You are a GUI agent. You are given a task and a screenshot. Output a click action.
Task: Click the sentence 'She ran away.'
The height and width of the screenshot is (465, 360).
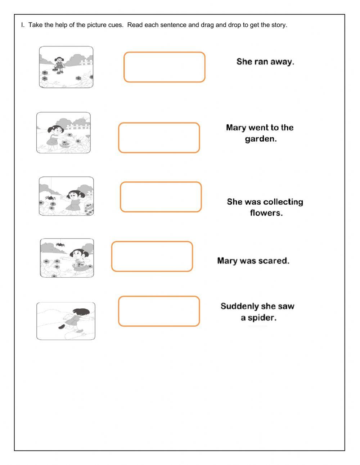click(265, 62)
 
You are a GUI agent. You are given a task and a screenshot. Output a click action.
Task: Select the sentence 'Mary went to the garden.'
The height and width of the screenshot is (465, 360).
click(260, 133)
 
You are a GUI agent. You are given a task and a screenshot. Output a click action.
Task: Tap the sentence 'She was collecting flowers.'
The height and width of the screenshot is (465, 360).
click(265, 207)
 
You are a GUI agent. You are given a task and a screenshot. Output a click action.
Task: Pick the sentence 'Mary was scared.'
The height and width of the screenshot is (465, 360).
click(253, 261)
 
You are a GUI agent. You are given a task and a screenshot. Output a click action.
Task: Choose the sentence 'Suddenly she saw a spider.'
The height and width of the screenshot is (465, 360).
click(257, 312)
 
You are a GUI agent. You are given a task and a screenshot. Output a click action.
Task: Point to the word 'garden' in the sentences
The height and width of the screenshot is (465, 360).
click(259, 139)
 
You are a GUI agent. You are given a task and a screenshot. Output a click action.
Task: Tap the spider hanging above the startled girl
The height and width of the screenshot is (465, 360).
click(60, 244)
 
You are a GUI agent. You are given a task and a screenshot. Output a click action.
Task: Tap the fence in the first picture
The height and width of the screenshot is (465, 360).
click(86, 62)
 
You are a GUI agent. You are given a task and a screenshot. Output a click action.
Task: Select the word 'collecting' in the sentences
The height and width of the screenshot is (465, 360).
click(283, 202)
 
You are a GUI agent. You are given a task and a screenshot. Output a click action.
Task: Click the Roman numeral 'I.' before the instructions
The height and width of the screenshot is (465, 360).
click(23, 25)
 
